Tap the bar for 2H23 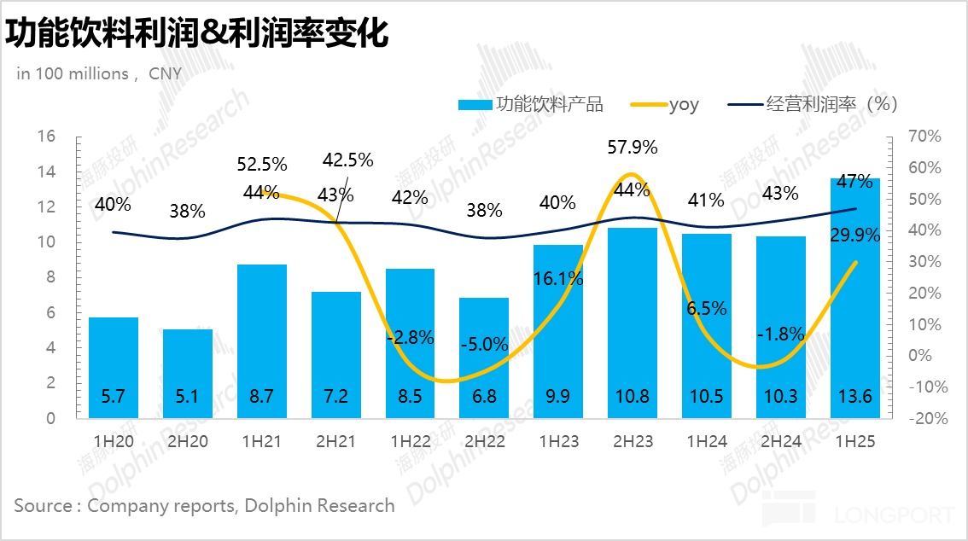coord(633,316)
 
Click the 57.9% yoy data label coord(633,147)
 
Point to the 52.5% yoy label coord(262,163)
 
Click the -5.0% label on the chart coord(484,346)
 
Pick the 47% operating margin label coord(854,181)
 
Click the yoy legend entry coord(666,105)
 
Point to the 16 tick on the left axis coord(46,137)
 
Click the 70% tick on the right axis coord(924,137)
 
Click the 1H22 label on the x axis coord(410,442)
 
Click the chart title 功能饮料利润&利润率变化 coord(197,34)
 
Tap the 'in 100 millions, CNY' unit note coord(99,73)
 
